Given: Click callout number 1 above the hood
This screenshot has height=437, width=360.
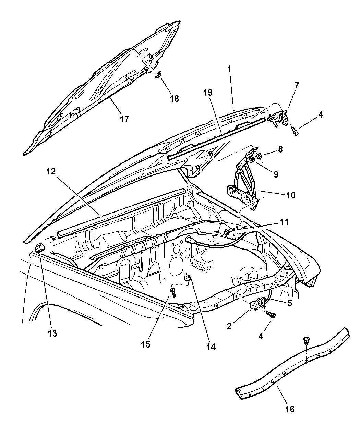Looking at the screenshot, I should point(229,69).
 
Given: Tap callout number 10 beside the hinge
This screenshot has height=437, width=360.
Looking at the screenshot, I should point(290,195).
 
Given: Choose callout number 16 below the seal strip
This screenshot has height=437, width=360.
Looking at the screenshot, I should point(290,409).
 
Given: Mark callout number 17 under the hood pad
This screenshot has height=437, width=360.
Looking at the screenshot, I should point(124,119).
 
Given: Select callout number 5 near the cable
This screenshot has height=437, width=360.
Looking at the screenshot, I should point(290,303).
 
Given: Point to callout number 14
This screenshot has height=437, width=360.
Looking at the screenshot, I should point(211,347).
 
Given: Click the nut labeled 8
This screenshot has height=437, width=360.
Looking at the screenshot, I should point(260,156).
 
